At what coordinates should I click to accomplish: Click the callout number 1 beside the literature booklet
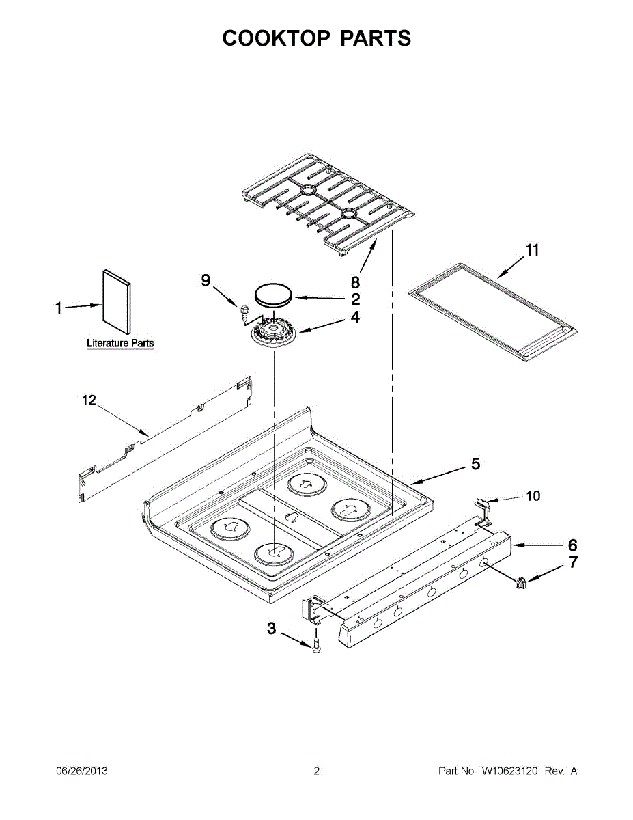[x=59, y=309]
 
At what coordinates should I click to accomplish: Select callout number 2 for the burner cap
[x=355, y=299]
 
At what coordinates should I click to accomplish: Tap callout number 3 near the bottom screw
[x=272, y=629]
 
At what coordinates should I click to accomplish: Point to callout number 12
[x=89, y=400]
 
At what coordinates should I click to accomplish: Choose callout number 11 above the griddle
[x=533, y=250]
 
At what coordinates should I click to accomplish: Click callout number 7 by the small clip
[x=572, y=563]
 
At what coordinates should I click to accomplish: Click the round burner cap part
[x=274, y=295]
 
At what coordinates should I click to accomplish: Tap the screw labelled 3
[x=316, y=644]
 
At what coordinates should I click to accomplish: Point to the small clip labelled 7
[x=522, y=582]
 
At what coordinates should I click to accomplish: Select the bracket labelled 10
[x=482, y=509]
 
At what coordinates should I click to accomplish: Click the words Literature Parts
[x=120, y=344]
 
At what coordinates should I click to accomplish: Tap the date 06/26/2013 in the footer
[x=81, y=771]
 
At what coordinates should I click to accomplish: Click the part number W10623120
[x=510, y=771]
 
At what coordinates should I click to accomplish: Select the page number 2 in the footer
[x=316, y=771]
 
